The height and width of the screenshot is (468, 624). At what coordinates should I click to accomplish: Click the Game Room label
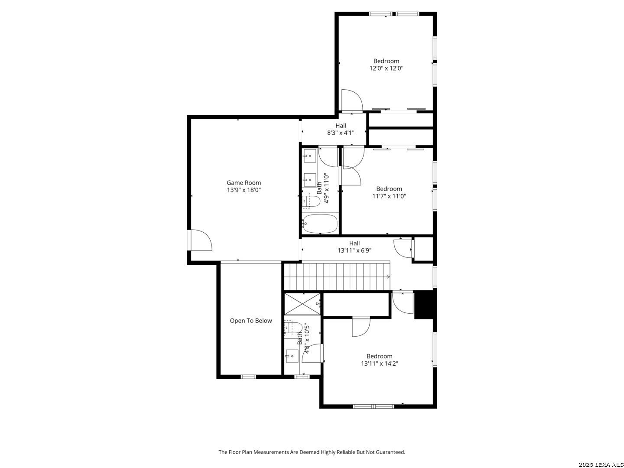pyautogui.click(x=244, y=183)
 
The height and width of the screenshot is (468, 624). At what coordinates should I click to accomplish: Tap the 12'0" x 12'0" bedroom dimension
pyautogui.click(x=387, y=68)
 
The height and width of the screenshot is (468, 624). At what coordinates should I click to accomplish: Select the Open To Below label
pyautogui.click(x=251, y=321)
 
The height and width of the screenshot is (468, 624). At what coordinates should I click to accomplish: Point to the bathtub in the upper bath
pyautogui.click(x=319, y=223)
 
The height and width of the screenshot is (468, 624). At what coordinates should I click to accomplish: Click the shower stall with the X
pyautogui.click(x=302, y=304)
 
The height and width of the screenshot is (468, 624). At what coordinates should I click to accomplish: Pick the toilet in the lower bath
pyautogui.click(x=293, y=328)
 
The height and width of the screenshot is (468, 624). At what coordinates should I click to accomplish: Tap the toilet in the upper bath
pyautogui.click(x=311, y=201)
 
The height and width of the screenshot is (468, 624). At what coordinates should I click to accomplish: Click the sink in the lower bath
pyautogui.click(x=291, y=356)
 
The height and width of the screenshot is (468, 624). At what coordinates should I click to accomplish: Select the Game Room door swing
pyautogui.click(x=201, y=240)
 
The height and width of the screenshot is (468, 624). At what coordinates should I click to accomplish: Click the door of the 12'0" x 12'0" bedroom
pyautogui.click(x=352, y=100)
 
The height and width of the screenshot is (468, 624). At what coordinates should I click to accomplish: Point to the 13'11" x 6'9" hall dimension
pyautogui.click(x=354, y=250)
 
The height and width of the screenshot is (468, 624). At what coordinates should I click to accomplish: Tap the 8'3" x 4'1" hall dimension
pyautogui.click(x=341, y=133)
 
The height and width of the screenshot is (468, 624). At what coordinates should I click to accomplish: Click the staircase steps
pyautogui.click(x=337, y=276)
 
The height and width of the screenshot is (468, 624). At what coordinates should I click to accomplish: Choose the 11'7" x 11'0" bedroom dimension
pyautogui.click(x=389, y=196)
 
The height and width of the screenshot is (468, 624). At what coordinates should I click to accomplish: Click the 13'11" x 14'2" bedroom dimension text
pyautogui.click(x=380, y=364)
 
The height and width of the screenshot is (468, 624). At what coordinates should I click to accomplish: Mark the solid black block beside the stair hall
pyautogui.click(x=425, y=304)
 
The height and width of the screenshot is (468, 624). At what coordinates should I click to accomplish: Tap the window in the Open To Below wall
pyautogui.click(x=248, y=377)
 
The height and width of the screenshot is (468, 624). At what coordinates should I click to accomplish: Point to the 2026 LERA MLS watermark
pyautogui.click(x=601, y=465)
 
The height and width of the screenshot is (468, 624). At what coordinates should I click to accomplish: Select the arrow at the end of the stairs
pyautogui.click(x=388, y=276)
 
